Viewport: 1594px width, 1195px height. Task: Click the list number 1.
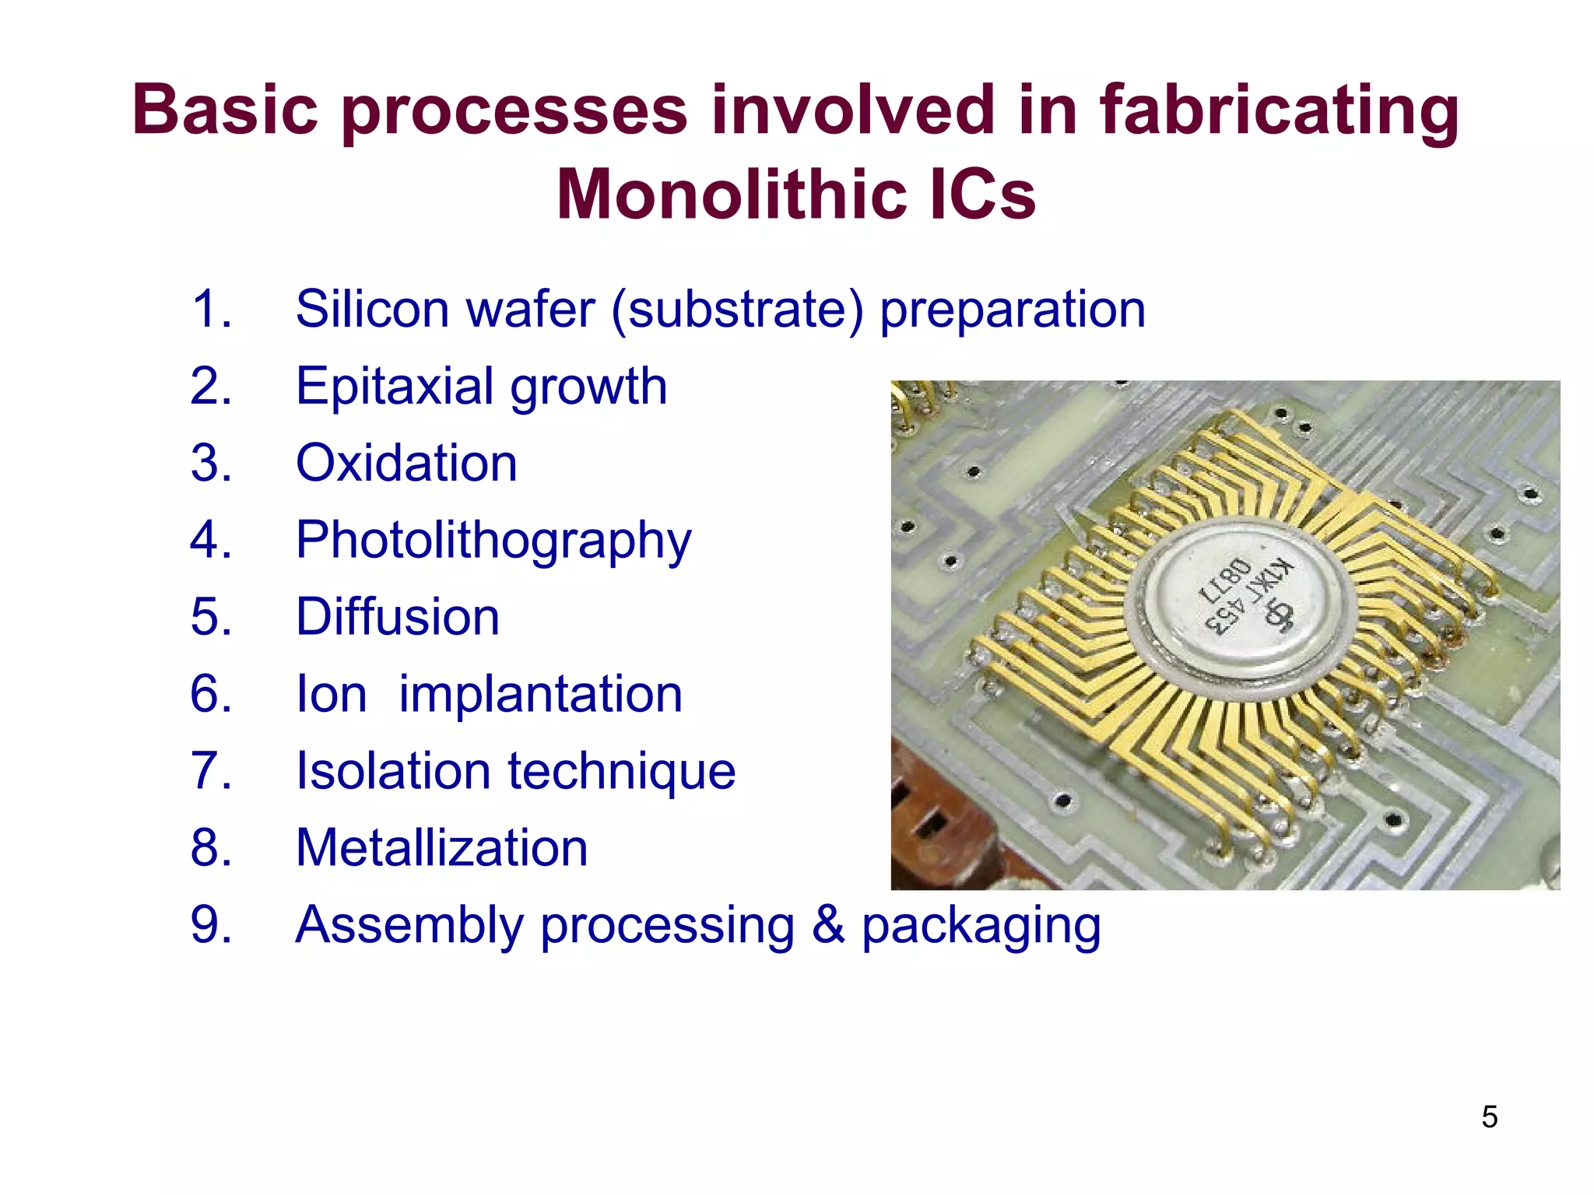(x=210, y=310)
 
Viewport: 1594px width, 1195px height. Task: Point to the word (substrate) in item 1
(x=737, y=310)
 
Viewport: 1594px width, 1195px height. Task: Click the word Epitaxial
(x=395, y=386)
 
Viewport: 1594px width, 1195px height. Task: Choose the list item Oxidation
(x=406, y=463)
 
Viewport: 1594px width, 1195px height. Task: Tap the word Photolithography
(x=493, y=540)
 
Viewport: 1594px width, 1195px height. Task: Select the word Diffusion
(x=397, y=617)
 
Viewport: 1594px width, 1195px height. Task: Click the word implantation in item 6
(x=540, y=694)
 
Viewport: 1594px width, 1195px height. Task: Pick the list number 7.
(x=210, y=771)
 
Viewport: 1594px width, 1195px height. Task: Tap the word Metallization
(x=441, y=848)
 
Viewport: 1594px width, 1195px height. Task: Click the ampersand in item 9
(x=827, y=925)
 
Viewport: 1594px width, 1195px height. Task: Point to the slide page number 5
(x=1489, y=1117)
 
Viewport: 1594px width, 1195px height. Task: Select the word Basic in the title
(x=226, y=110)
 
